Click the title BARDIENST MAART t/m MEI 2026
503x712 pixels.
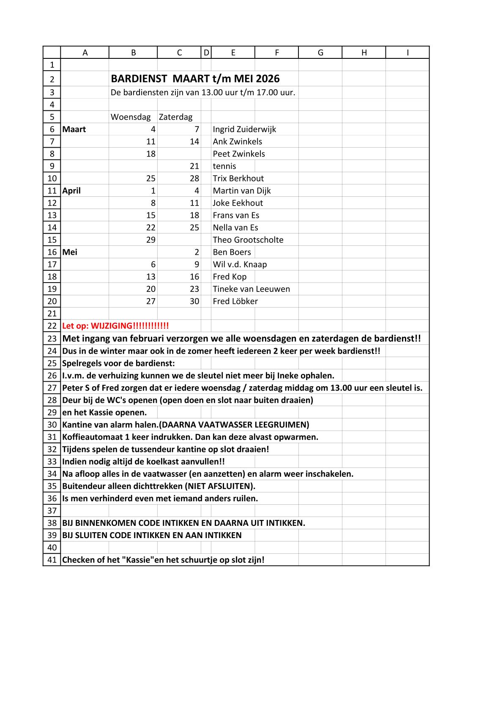pyautogui.click(x=195, y=79)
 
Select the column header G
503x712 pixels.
pyautogui.click(x=320, y=52)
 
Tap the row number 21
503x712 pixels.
pyautogui.click(x=52, y=313)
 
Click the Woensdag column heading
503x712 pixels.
pyautogui.click(x=130, y=117)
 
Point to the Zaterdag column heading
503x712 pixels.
pyautogui.click(x=175, y=117)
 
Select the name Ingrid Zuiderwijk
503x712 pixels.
pyautogui.click(x=244, y=129)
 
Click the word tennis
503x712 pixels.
pyautogui.click(x=224, y=166)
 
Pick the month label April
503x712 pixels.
pyautogui.click(x=71, y=191)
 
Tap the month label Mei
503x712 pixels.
pyautogui.click(x=70, y=252)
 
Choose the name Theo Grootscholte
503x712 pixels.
pyautogui.click(x=248, y=240)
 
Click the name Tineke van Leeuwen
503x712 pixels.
pyautogui.click(x=251, y=289)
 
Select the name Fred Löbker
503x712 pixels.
pyautogui.click(x=235, y=301)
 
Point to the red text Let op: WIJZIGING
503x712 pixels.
pyautogui.click(x=115, y=326)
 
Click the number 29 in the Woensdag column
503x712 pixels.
pyautogui.click(x=151, y=240)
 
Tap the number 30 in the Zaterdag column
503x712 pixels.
pyautogui.click(x=194, y=301)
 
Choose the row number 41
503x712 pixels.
pyautogui.click(x=52, y=560)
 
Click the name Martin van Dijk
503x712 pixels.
pyautogui.click(x=242, y=191)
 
